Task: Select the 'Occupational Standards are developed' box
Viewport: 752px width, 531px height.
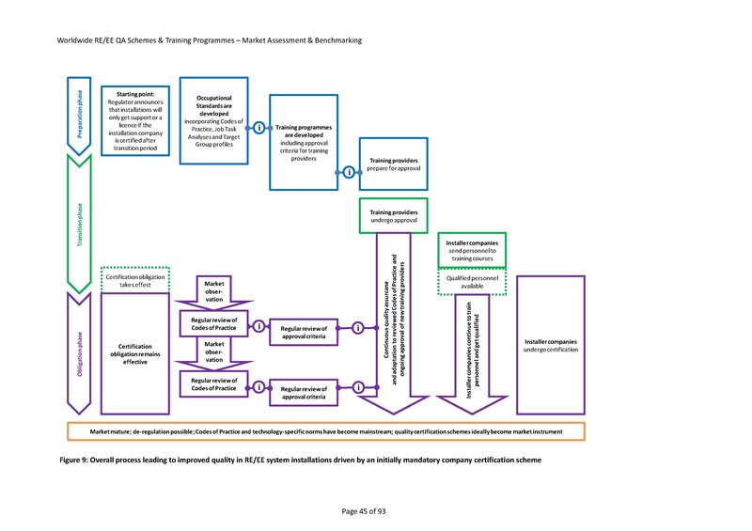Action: (214, 127)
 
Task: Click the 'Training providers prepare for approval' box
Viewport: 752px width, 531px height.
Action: (394, 164)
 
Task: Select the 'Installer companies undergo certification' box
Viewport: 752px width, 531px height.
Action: (551, 345)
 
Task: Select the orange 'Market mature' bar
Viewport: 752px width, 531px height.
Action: (326, 431)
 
